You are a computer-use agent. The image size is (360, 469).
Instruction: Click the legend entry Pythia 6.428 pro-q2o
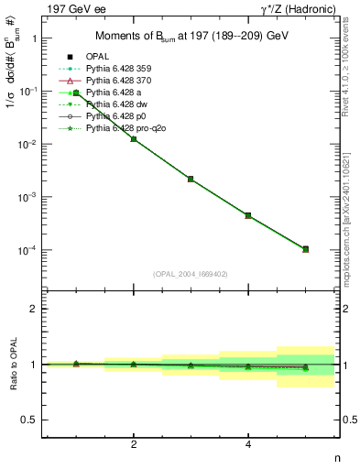tap(128, 128)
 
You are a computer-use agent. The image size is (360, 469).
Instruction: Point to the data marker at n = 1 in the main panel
tap(76, 93)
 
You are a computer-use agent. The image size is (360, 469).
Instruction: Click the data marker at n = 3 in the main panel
tap(191, 179)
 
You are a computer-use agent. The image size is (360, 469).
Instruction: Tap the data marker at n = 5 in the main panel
tap(305, 249)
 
